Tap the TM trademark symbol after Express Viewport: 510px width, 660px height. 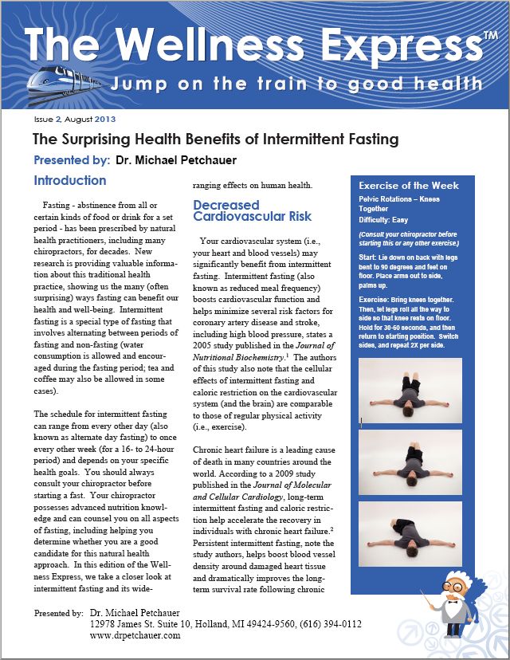[489, 38]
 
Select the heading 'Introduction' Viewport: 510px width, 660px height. [70, 181]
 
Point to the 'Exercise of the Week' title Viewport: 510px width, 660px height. [409, 186]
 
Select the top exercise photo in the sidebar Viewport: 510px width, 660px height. [410, 390]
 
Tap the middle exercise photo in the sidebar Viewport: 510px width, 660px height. [410, 462]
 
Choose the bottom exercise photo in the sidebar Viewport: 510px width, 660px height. [410, 534]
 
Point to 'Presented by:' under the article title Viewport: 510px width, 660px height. [72, 160]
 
